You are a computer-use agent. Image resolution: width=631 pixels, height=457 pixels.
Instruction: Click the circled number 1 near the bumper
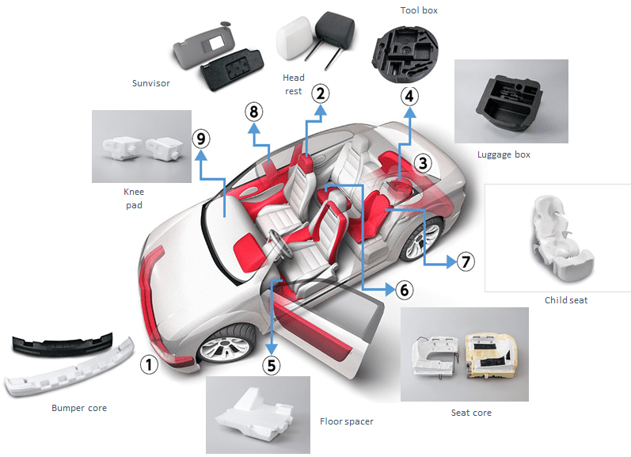coord(149,365)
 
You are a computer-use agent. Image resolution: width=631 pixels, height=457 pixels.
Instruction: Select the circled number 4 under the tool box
coord(409,97)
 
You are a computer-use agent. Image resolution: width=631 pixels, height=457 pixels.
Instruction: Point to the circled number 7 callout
coord(466,261)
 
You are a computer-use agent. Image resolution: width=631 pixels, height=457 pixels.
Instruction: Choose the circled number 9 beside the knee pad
coord(201,139)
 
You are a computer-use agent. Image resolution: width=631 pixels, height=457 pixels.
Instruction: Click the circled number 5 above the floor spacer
coord(272,365)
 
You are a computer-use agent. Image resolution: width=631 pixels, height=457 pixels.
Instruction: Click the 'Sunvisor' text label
coord(151,83)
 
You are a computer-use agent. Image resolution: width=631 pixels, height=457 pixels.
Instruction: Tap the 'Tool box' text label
coord(419,10)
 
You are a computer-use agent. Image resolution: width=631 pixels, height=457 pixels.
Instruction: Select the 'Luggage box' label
coord(504,154)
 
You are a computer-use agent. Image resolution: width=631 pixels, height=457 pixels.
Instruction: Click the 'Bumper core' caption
coord(78,408)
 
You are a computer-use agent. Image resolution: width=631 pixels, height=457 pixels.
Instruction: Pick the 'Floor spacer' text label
coord(346,421)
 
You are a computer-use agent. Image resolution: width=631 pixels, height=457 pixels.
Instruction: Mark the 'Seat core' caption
coord(471,413)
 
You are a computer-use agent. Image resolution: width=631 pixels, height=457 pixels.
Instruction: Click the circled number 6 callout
coord(404,290)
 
